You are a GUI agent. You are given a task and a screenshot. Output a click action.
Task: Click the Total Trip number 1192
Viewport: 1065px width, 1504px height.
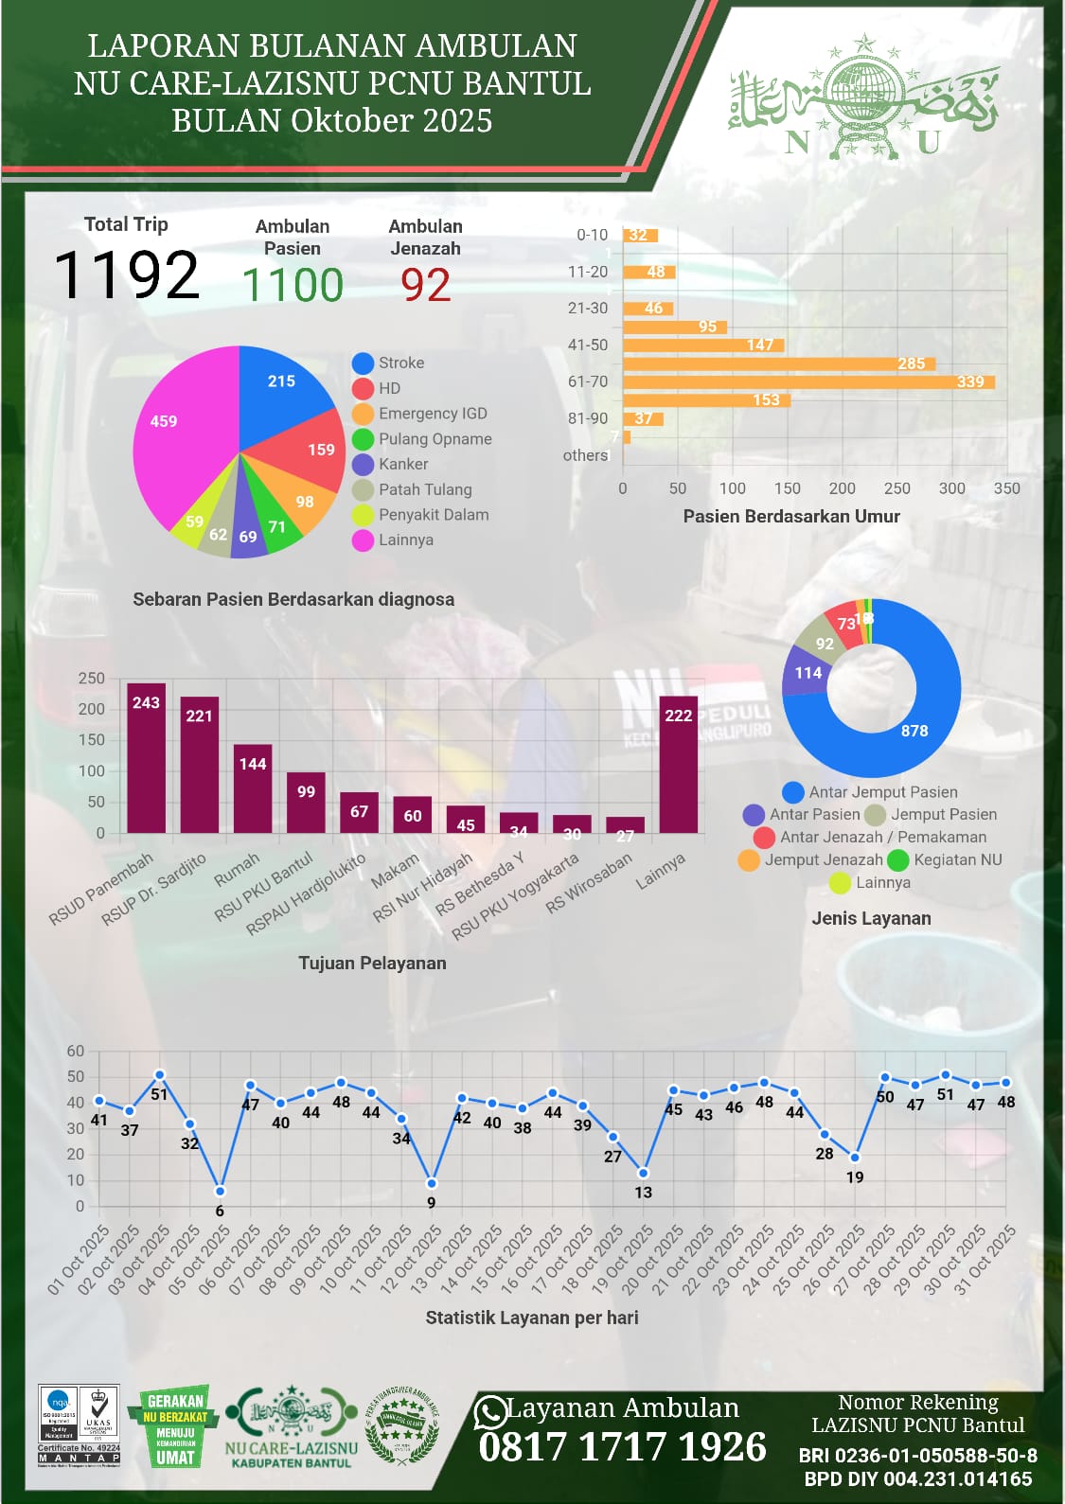[126, 275]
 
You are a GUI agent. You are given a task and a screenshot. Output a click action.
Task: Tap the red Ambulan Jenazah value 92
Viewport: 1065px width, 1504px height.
[425, 285]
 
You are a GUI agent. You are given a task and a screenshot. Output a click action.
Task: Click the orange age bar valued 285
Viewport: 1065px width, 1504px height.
[778, 363]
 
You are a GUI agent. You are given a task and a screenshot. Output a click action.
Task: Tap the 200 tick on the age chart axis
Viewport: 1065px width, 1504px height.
[842, 488]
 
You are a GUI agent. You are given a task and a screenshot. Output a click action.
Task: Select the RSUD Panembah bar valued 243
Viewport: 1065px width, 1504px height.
[146, 758]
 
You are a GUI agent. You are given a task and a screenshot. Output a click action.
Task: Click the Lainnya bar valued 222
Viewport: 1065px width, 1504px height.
[679, 765]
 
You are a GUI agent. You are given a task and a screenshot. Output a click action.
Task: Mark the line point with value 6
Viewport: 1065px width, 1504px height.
[220, 1191]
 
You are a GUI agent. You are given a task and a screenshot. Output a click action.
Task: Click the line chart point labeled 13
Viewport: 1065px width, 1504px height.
[644, 1173]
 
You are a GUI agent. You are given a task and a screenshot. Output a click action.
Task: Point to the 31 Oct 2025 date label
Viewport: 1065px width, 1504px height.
[985, 1260]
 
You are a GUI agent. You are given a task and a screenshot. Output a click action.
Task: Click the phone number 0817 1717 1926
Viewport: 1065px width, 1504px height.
[622, 1447]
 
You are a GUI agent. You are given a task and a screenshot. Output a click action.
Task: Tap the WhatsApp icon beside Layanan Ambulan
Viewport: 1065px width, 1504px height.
[490, 1412]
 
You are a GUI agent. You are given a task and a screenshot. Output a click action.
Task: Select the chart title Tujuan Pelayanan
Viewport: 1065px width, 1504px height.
[372, 964]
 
